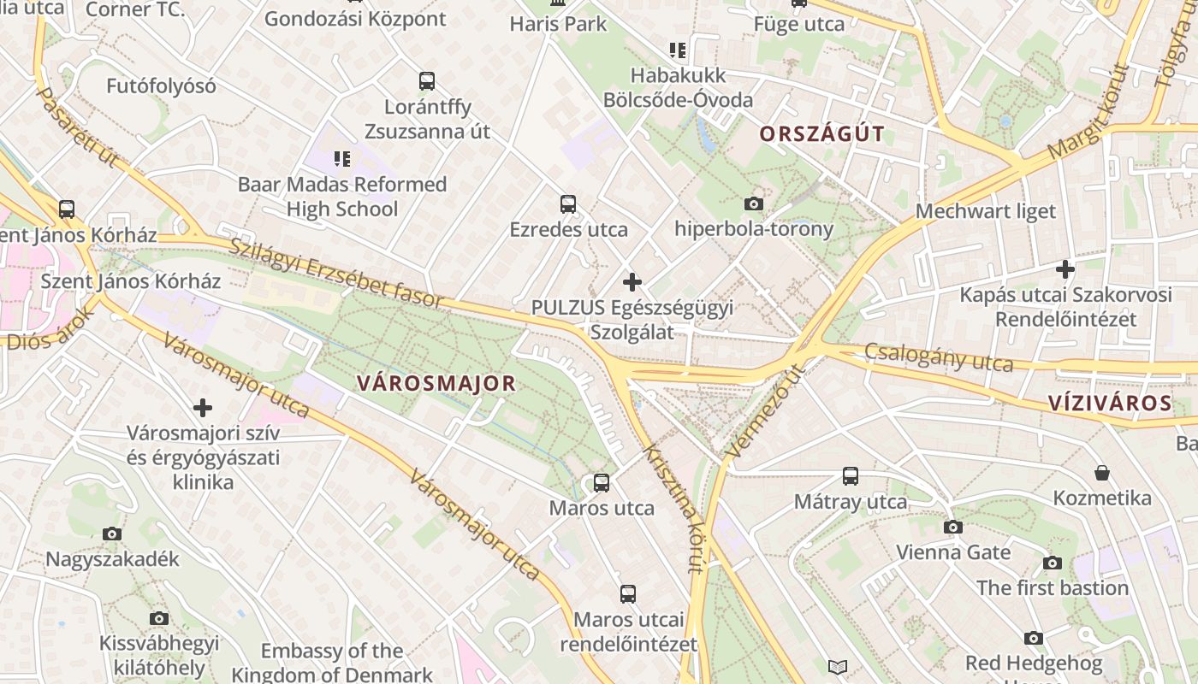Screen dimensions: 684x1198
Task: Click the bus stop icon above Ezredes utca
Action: point(567,204)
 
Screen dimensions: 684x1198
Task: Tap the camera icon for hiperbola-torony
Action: point(753,203)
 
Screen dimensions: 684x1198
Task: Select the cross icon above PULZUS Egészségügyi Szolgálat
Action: point(632,282)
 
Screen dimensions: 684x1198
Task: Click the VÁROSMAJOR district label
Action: point(436,383)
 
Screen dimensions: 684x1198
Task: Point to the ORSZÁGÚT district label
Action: point(821,134)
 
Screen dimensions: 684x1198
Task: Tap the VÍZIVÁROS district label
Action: point(1109,404)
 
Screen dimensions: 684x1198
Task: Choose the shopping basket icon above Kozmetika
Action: point(1102,473)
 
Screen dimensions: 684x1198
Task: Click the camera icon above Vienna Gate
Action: point(953,528)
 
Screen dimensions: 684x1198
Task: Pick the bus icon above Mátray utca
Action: point(850,476)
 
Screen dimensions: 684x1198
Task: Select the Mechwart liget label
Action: point(986,211)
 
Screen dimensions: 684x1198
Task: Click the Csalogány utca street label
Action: point(938,357)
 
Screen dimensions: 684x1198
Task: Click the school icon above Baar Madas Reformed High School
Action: point(342,158)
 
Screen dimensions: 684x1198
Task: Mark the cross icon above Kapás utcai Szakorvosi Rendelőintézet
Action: point(1065,270)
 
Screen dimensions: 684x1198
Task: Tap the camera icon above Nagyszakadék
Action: point(112,534)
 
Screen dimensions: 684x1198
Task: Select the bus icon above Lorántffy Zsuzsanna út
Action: point(427,81)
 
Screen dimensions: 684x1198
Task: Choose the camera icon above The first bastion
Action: point(1052,563)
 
